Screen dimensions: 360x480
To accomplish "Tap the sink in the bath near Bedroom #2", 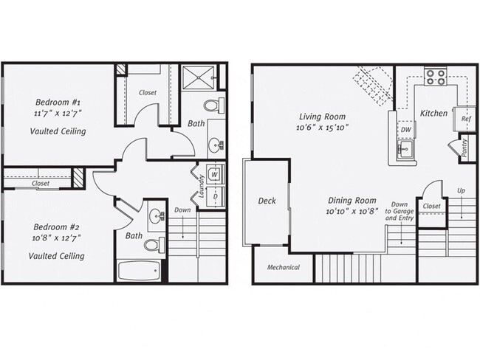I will pyautogui.click(x=157, y=217).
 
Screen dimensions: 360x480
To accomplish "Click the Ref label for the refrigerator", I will pyautogui.click(x=466, y=119).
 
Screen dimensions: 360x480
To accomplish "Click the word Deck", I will pyautogui.click(x=267, y=201).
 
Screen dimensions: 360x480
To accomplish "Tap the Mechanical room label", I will pyautogui.click(x=283, y=267).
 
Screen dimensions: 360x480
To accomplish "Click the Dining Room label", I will pyautogui.click(x=352, y=200).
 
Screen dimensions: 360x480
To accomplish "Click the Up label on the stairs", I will pyautogui.click(x=461, y=190).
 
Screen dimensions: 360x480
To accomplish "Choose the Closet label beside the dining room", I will pyautogui.click(x=432, y=207).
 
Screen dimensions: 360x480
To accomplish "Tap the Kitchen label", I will pyautogui.click(x=433, y=113).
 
